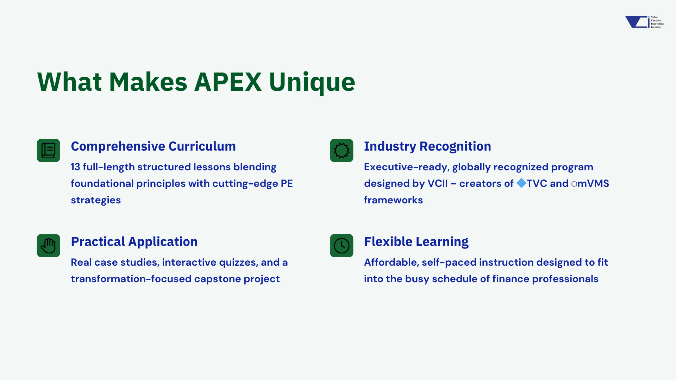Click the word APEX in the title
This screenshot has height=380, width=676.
click(228, 82)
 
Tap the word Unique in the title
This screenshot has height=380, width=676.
click(312, 83)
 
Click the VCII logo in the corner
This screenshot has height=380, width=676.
click(644, 22)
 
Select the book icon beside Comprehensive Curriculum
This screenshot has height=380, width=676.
click(49, 151)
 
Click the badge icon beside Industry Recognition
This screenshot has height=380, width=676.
click(342, 151)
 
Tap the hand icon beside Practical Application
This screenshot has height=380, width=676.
click(49, 246)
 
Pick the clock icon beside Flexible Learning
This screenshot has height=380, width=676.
click(342, 246)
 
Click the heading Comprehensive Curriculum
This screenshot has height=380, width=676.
click(153, 146)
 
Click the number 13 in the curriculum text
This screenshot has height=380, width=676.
click(75, 167)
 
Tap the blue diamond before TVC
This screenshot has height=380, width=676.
click(521, 183)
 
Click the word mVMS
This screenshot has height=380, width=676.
click(593, 183)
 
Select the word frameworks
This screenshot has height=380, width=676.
click(393, 200)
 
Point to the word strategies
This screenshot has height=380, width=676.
click(96, 200)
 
